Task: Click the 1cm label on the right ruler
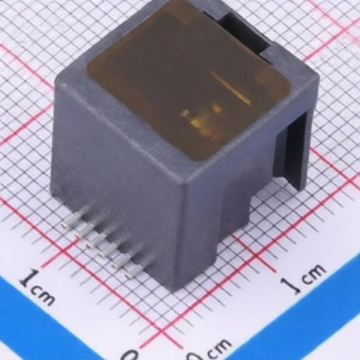303,278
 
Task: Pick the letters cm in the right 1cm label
313,273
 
